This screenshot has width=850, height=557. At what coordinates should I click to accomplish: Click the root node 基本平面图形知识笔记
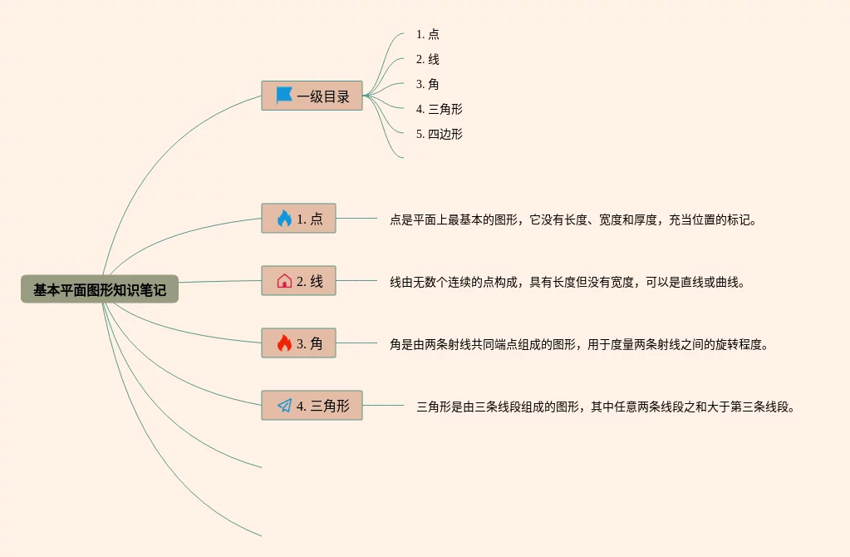[x=100, y=289]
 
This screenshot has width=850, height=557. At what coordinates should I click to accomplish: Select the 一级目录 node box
[x=312, y=96]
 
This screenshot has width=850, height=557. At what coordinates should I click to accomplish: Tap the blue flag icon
[x=284, y=96]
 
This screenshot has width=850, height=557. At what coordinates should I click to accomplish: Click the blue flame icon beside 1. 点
[x=284, y=219]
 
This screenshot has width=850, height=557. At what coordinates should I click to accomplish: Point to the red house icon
[x=284, y=281]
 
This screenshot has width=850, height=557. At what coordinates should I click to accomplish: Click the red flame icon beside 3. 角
[x=284, y=343]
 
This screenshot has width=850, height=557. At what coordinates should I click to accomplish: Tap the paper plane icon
[x=284, y=406]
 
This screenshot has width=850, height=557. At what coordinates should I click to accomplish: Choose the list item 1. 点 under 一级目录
[x=428, y=35]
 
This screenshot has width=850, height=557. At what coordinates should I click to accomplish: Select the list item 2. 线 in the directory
[x=428, y=60]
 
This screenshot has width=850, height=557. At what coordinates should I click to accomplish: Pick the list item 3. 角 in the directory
[x=428, y=85]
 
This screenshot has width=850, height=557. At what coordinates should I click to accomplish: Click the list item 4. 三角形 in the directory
[x=440, y=109]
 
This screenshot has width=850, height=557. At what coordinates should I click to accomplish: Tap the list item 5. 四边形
[x=440, y=134]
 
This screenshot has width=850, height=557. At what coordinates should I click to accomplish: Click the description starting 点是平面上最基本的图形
[x=573, y=220]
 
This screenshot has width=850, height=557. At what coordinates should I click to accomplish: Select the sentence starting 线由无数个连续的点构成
[x=567, y=283]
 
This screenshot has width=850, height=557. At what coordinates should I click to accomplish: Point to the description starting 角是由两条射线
[x=578, y=344]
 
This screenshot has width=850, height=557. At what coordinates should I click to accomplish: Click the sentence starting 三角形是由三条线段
[x=606, y=407]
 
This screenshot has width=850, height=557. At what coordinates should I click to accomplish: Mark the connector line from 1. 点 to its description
[x=356, y=219]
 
